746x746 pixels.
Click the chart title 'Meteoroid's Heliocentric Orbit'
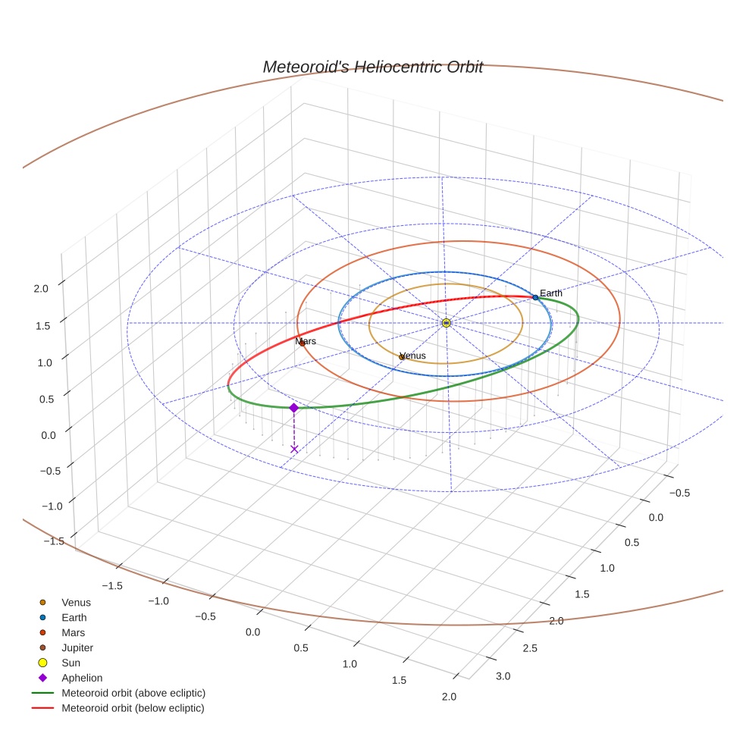pos(372,67)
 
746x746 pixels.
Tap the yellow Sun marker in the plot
pos(446,323)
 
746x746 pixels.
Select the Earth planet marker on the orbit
pos(535,297)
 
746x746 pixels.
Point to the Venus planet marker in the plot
pos(402,356)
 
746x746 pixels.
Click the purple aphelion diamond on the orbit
pos(294,408)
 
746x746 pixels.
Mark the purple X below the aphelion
pos(294,450)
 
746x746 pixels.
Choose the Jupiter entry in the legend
pos(77,647)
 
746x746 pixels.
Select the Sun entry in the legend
pos(71,663)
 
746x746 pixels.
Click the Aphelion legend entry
pos(81,678)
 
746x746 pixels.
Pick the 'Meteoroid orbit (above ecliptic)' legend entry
pos(133,693)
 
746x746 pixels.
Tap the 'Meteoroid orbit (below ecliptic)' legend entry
pos(133,708)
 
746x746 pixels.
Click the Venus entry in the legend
pos(76,603)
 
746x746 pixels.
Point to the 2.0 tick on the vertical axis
pos(41,288)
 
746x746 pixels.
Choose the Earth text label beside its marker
pos(551,293)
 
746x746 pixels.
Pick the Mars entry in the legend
pos(73,632)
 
